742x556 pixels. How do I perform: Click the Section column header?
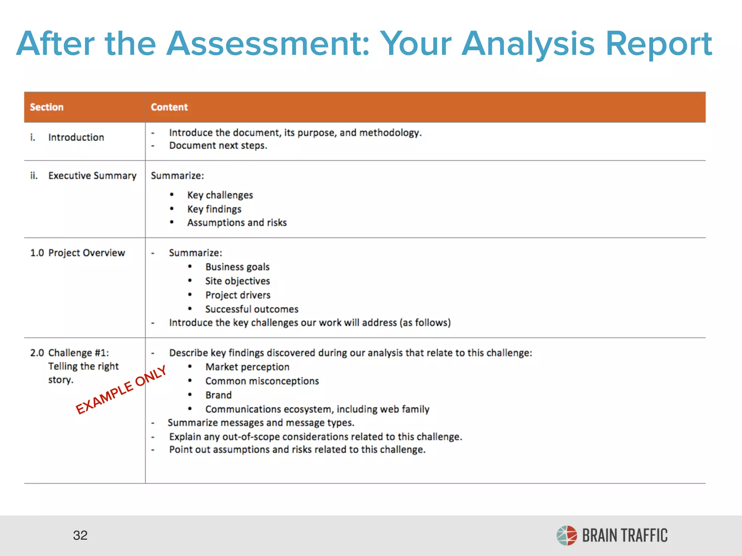(47, 107)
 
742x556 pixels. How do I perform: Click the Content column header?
(169, 107)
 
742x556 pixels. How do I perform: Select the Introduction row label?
(76, 138)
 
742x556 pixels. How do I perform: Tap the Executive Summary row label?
(92, 176)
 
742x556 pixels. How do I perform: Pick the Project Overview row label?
(86, 253)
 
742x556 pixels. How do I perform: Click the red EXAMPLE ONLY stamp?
(121, 389)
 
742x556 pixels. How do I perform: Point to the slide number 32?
(80, 535)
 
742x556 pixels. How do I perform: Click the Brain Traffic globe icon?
(567, 535)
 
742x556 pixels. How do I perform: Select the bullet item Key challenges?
(220, 195)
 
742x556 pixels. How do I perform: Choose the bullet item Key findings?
(214, 209)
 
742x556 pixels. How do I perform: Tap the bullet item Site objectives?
(238, 281)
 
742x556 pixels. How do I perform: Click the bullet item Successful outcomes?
(252, 309)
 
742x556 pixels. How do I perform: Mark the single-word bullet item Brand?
(218, 395)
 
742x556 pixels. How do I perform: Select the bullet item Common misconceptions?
(262, 381)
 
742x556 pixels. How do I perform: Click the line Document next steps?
(218, 146)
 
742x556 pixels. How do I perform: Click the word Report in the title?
(659, 44)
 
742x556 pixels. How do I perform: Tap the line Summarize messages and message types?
(261, 423)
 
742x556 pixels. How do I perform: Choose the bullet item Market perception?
(247, 367)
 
